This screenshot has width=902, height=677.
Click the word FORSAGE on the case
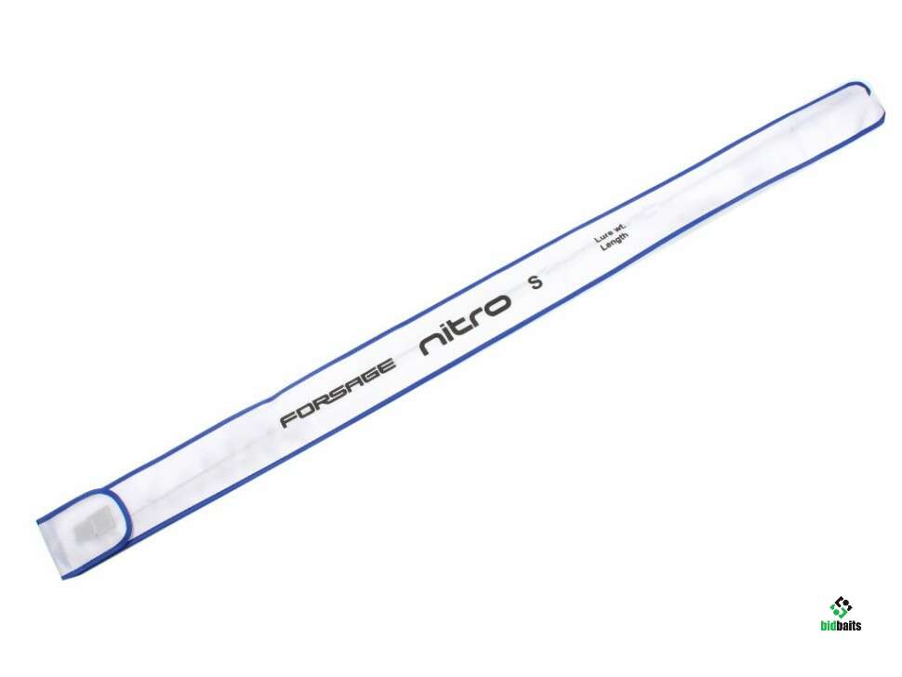(338, 392)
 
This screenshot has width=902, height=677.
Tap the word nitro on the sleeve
(465, 325)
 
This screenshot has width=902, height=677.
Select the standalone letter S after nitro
(537, 282)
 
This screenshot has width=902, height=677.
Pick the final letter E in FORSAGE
(386, 365)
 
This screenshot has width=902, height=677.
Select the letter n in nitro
(431, 344)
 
